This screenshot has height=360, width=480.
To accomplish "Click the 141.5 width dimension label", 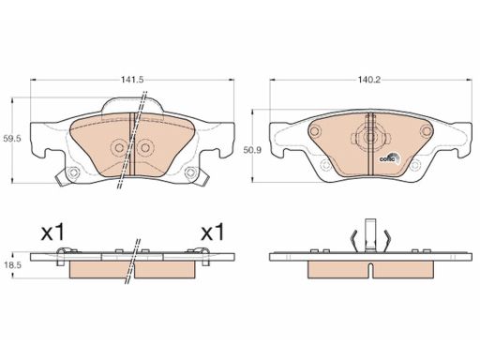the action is pyautogui.click(x=132, y=80).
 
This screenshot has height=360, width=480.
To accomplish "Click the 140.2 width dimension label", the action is pyautogui.click(x=369, y=80).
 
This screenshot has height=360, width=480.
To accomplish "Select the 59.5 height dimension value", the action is pyautogui.click(x=12, y=139).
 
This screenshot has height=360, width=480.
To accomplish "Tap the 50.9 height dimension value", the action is pyautogui.click(x=252, y=150).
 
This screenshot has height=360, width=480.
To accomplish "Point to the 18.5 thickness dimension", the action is pyautogui.click(x=12, y=265).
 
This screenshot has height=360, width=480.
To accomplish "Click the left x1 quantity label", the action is pyautogui.click(x=53, y=232).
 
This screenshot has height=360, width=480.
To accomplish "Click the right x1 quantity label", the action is pyautogui.click(x=213, y=232).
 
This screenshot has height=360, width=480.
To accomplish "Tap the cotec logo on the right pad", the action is pyautogui.click(x=390, y=158).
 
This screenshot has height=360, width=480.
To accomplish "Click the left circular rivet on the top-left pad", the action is pyautogui.click(x=119, y=147).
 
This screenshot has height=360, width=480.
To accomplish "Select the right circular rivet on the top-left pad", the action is pyautogui.click(x=144, y=147).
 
